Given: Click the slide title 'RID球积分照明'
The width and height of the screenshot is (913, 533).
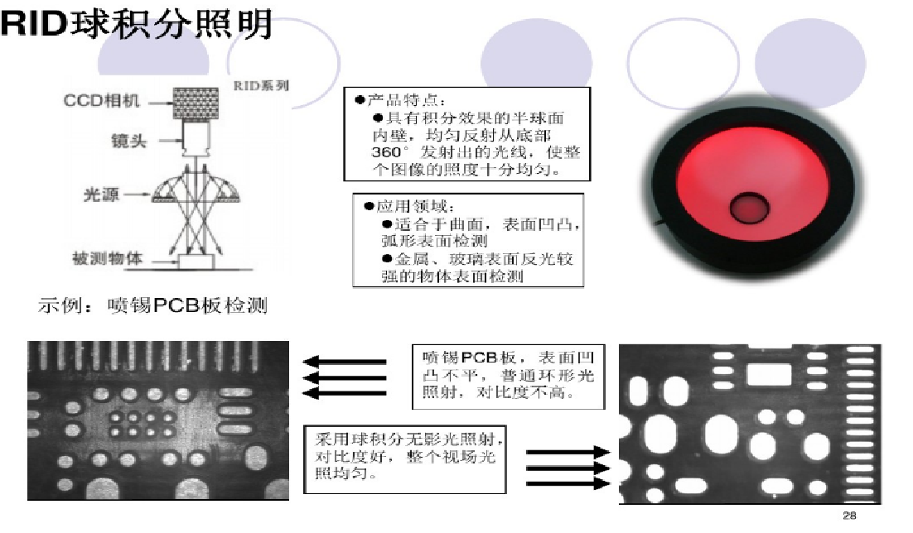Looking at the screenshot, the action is (x=136, y=24).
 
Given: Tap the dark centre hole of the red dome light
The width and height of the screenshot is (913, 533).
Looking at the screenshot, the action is (x=749, y=207).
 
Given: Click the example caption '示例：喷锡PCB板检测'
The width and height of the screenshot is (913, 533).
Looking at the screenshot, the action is (x=153, y=305).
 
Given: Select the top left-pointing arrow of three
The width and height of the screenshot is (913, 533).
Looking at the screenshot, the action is (x=344, y=362).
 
